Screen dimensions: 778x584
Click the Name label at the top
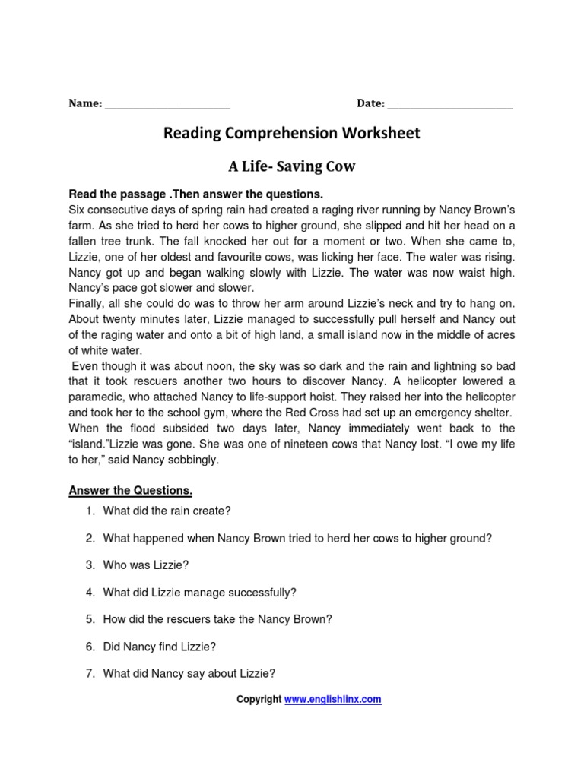coord(84,104)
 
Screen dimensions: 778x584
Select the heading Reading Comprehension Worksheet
coord(292,134)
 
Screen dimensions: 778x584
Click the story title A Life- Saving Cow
coord(292,166)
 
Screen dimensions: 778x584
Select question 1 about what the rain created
coord(166,511)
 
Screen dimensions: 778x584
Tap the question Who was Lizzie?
coord(145,565)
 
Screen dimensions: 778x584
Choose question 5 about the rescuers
coord(217,619)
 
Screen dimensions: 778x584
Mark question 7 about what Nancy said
coord(189,673)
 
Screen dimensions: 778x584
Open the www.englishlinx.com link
coord(332,700)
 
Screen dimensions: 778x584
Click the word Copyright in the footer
coord(259,700)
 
